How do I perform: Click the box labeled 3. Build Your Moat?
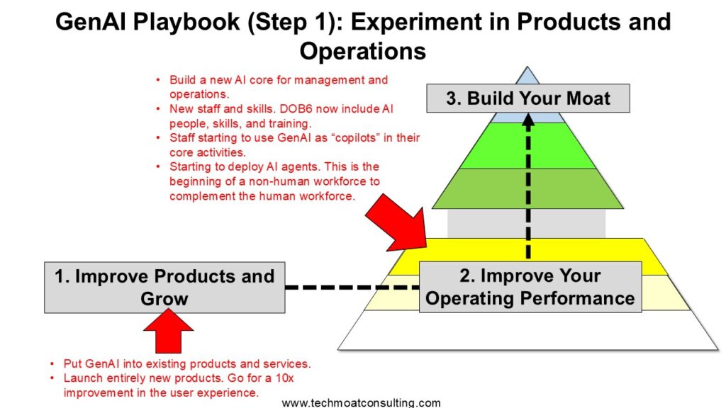pyautogui.click(x=527, y=98)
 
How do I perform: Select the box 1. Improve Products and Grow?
pyautogui.click(x=164, y=288)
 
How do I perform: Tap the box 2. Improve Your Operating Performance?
pyautogui.click(x=530, y=287)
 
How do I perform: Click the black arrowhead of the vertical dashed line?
pyautogui.click(x=528, y=119)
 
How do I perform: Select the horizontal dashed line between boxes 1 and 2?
pyautogui.click(x=352, y=288)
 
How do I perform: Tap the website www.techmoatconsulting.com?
pyautogui.click(x=361, y=403)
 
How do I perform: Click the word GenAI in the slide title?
pyautogui.click(x=90, y=22)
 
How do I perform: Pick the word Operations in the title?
pyautogui.click(x=362, y=51)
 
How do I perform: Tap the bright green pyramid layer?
pyautogui.click(x=527, y=145)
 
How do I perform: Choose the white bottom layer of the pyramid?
pyautogui.click(x=527, y=330)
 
